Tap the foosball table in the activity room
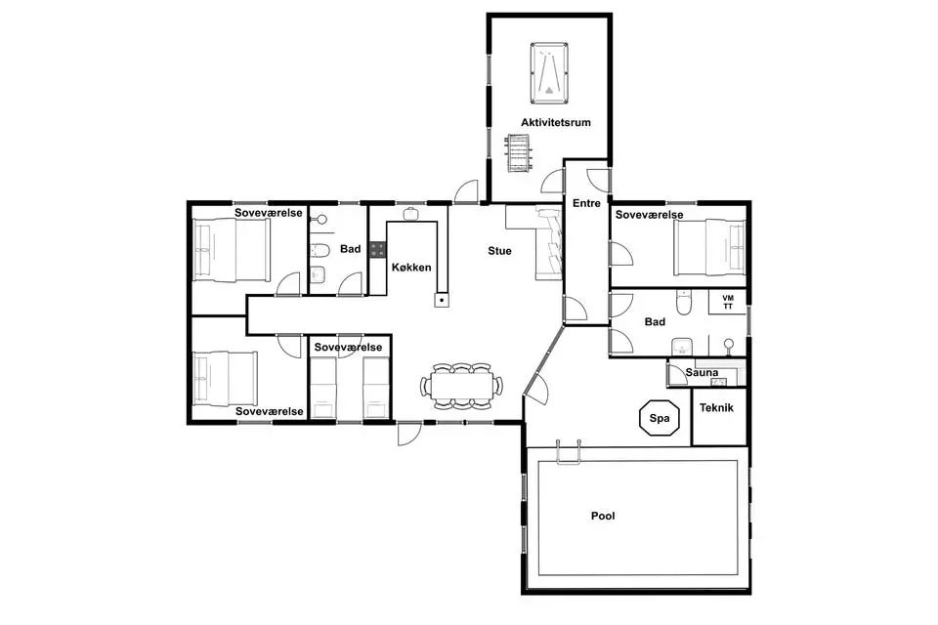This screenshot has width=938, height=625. pos(516,152)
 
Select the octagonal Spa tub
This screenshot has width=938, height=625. pos(660,418)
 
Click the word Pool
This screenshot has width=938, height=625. pos(603,516)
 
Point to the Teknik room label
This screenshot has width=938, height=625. pos(716,408)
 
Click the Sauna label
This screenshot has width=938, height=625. pos(702,373)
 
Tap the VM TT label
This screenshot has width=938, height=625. pos(727,302)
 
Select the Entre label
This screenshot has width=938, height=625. pos(586,203)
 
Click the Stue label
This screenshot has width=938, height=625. pos(499,251)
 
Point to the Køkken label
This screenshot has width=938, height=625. pos(411,268)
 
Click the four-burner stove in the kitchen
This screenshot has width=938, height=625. pos(377,249)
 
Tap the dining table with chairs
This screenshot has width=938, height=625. pos(461,386)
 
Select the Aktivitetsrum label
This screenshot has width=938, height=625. pos(556,123)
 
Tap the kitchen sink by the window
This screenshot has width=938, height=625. pos(410,214)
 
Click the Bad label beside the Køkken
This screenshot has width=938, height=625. pos(351,249)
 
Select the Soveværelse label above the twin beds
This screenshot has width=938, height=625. pos(348,348)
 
